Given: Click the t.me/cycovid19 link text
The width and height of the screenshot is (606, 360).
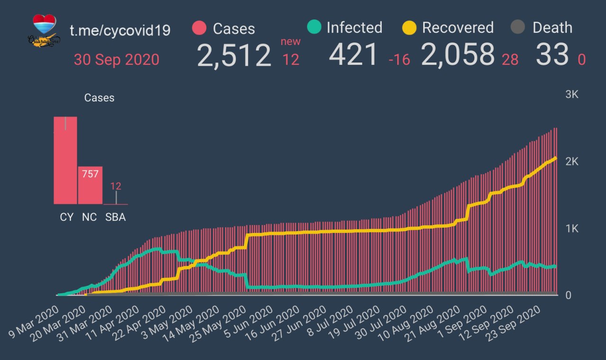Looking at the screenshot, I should point(120,30).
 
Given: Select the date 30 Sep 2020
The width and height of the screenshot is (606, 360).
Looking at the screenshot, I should point(116,60).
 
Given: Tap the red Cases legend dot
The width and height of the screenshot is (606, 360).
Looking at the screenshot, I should point(199,28).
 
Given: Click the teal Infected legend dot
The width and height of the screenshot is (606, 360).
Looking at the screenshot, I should point(314,27).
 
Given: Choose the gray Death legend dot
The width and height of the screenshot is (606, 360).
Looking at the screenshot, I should point(519,27).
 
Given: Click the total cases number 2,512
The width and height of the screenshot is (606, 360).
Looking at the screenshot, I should point(234,55).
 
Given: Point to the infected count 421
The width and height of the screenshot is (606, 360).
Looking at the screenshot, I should point(354,54).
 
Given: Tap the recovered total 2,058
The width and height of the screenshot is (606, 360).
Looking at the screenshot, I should point(458,54).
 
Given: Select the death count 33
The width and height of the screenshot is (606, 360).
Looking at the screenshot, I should point(552,54).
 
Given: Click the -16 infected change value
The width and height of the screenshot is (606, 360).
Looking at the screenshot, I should point(399,60).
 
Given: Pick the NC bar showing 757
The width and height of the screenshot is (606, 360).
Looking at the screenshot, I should point(90,185).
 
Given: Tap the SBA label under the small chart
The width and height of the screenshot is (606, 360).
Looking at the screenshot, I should point(116,217).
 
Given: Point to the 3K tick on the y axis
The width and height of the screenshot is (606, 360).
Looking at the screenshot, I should point(572,94).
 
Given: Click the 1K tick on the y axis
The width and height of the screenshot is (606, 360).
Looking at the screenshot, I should point(572,229).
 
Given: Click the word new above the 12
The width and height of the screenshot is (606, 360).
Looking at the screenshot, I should point(290,41).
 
